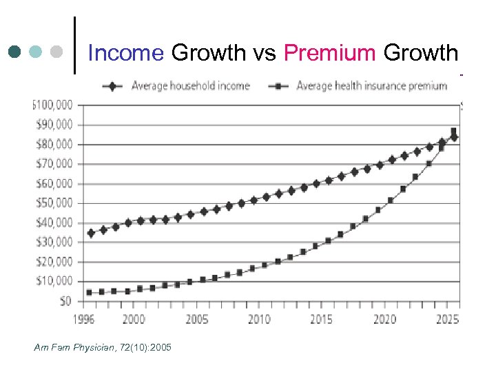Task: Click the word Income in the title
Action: (x=126, y=52)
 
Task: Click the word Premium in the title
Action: (x=329, y=52)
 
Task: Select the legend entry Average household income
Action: (x=190, y=86)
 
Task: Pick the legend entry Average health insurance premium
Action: (x=371, y=86)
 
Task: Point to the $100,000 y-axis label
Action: (x=53, y=105)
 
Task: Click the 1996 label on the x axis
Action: (x=85, y=319)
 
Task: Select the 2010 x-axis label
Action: (x=260, y=319)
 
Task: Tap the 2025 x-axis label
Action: (x=447, y=319)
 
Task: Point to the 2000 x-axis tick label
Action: (x=134, y=319)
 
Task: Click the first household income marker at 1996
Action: (x=90, y=233)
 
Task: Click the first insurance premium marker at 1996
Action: (x=89, y=292)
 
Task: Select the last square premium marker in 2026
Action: (x=453, y=131)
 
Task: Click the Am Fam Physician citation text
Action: (x=103, y=347)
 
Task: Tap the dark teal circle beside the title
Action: (x=16, y=52)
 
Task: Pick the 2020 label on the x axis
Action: (x=385, y=319)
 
